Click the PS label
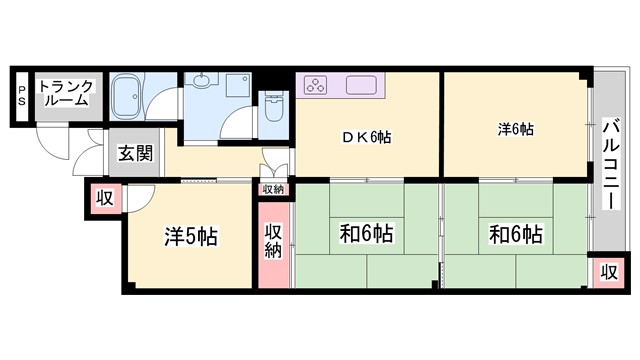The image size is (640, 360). (x=21, y=96)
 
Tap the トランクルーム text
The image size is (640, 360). (x=67, y=92)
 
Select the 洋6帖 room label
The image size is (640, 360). (x=516, y=130)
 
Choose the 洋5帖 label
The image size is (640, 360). (x=191, y=237)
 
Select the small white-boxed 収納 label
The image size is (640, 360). (x=273, y=188)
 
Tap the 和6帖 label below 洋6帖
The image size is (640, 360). (x=515, y=235)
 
